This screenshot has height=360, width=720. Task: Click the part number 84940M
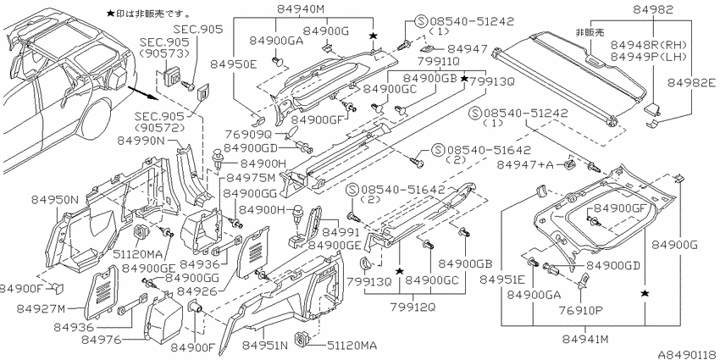[302, 9]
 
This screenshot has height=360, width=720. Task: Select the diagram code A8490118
[689, 355]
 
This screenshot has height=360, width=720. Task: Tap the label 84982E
[691, 83]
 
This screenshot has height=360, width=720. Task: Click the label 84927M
[42, 309]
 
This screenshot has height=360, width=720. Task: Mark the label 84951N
[265, 345]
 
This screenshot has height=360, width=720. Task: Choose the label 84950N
[56, 199]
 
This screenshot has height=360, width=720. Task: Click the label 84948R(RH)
[648, 45]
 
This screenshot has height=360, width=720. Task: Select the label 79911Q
[438, 61]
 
